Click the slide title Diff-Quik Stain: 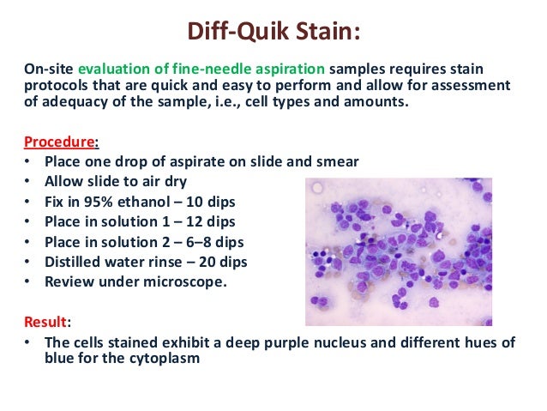(x=273, y=33)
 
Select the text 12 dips (x=203, y=221)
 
